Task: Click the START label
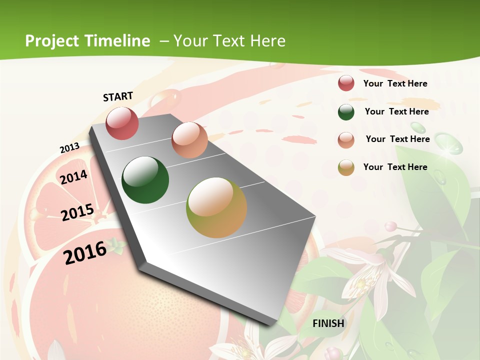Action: [118, 96]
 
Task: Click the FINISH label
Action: [328, 323]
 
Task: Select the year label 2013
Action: [69, 148]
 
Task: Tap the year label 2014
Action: [73, 177]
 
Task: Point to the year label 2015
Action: [77, 212]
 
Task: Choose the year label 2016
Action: [85, 252]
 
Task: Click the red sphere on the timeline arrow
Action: [122, 123]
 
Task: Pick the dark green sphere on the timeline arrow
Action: [145, 180]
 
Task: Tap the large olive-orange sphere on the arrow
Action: [216, 207]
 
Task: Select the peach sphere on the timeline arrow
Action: [189, 140]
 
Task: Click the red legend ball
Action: [346, 83]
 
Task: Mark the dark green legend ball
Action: [346, 112]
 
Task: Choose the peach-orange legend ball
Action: [346, 140]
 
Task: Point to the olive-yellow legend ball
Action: [346, 168]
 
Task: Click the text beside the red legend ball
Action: [395, 83]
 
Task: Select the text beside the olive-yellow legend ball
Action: [395, 167]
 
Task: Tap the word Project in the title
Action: [52, 41]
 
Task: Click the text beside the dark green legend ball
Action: [396, 111]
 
